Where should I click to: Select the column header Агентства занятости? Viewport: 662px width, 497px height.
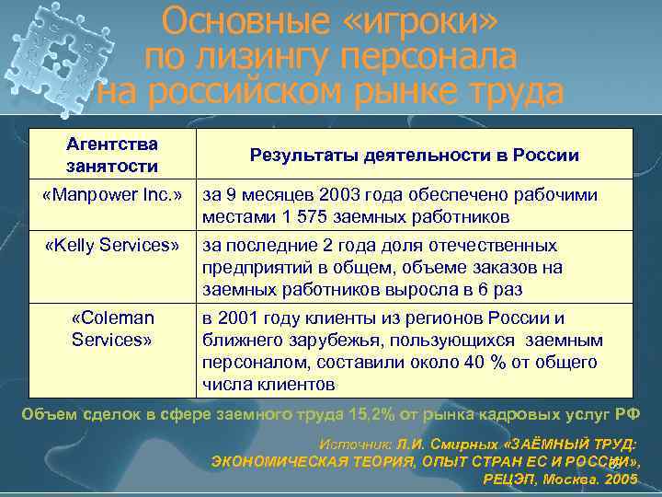(x=112, y=155)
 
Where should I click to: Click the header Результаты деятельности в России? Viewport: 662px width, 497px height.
(x=415, y=155)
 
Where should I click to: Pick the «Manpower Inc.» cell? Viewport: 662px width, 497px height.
(x=113, y=195)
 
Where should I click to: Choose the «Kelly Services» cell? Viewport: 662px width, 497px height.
(x=113, y=246)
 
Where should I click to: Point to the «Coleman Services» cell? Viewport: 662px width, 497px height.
(x=113, y=329)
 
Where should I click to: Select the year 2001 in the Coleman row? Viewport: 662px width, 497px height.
(x=244, y=318)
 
